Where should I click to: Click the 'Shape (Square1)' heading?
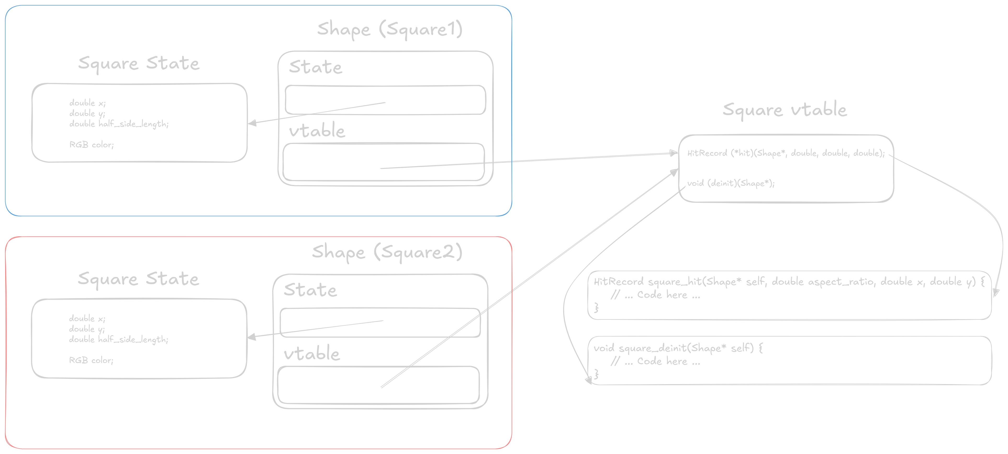(x=390, y=29)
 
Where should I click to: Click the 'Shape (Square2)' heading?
(x=387, y=252)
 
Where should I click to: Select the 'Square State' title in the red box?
(x=138, y=279)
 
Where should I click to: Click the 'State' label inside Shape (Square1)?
(x=315, y=67)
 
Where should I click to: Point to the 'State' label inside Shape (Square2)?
(x=310, y=290)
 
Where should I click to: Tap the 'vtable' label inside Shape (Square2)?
(x=312, y=354)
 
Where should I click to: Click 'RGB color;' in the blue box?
(x=92, y=145)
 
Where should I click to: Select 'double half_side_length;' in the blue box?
(x=119, y=124)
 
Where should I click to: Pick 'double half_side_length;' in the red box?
(x=119, y=340)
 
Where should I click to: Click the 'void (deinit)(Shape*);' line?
(x=731, y=183)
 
